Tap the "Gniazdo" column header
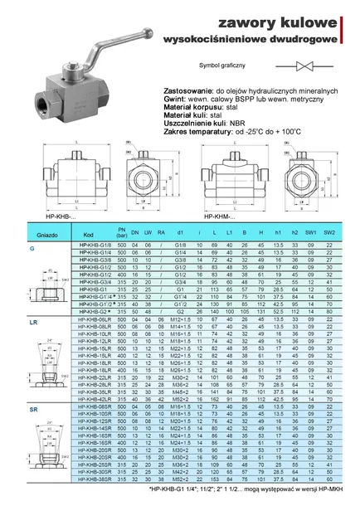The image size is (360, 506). tap(27, 235)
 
